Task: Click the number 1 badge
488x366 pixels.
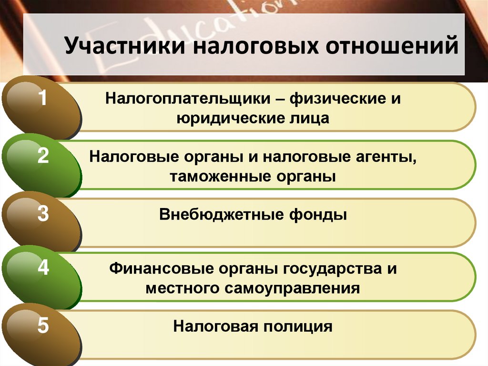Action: click(x=43, y=100)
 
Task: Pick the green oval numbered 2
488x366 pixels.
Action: click(x=43, y=157)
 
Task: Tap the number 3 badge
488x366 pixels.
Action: click(x=43, y=214)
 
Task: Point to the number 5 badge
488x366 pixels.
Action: click(x=43, y=327)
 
